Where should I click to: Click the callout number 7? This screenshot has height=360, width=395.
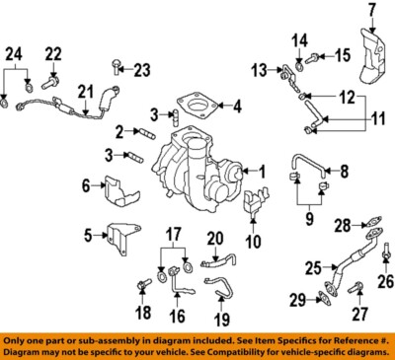click(x=372, y=11)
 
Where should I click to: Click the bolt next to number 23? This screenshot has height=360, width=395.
click(x=118, y=68)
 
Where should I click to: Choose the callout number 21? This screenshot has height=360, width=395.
click(x=85, y=95)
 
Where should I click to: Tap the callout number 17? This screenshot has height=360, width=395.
click(x=173, y=236)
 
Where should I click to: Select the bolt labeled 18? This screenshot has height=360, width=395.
click(x=141, y=284)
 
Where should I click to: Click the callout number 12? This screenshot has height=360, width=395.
click(x=347, y=98)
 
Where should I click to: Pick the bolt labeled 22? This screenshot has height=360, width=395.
click(x=52, y=76)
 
